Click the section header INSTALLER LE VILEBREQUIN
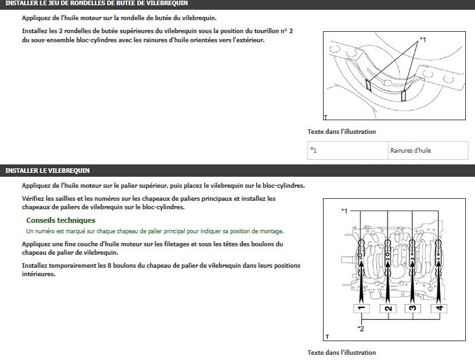point(47,170)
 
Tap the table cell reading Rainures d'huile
point(410,151)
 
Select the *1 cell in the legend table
point(314,151)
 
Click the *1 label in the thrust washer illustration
point(422,40)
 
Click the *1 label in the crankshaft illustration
point(344,211)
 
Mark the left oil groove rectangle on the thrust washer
point(369,84)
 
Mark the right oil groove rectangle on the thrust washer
point(404,95)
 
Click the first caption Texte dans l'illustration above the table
point(341,132)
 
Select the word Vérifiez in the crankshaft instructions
point(34,198)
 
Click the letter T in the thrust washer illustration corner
point(325,118)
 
